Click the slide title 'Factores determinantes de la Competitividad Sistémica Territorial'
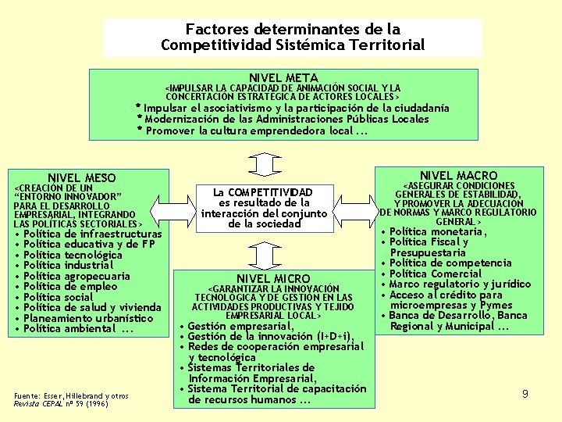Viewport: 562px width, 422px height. tap(293, 37)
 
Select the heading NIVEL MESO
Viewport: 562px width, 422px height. tap(81, 178)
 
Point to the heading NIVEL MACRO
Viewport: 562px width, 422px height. tap(458, 175)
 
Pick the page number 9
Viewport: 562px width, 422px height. tap(525, 394)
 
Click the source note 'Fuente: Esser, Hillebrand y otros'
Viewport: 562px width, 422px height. tap(69, 397)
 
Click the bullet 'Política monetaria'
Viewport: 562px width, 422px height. tap(438, 231)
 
